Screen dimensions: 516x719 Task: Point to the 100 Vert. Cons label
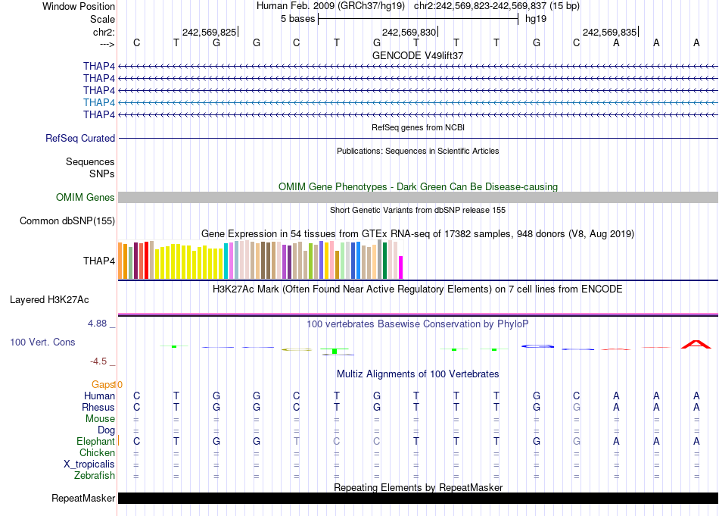pos(42,342)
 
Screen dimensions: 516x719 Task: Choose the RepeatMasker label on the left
pos(83,499)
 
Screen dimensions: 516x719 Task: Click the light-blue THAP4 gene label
pos(99,102)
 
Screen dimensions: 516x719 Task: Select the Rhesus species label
pos(98,407)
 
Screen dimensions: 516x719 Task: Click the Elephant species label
pos(95,441)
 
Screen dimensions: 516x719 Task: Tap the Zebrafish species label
pos(95,476)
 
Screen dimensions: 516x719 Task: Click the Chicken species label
pos(97,453)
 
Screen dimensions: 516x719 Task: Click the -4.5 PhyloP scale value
pos(99,361)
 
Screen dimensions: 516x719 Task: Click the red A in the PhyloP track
pos(696,345)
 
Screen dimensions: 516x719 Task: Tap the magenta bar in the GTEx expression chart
pos(401,267)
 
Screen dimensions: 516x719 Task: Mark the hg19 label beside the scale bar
pos(535,18)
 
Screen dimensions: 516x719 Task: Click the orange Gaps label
pos(104,385)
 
